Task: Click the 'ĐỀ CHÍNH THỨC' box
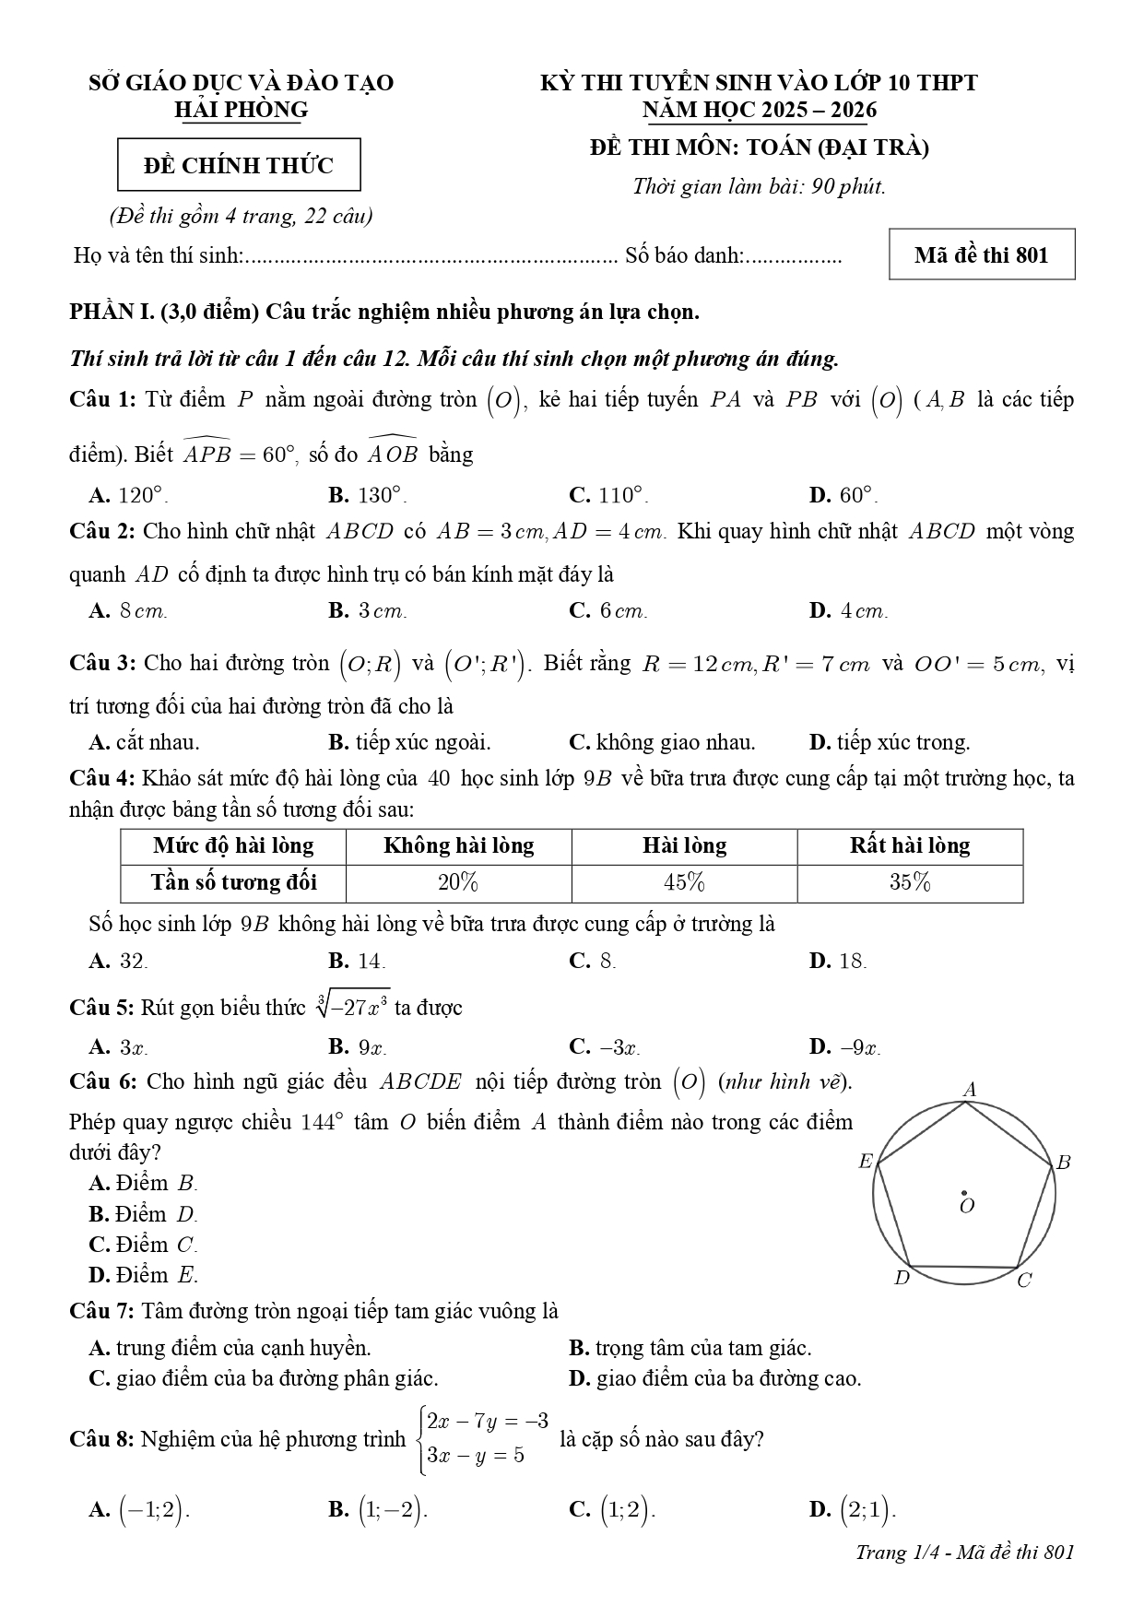pyautogui.click(x=239, y=166)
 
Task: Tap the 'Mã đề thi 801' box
pyautogui.click(x=981, y=254)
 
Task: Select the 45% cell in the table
pyautogui.click(x=684, y=882)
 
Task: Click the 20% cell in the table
pyautogui.click(x=458, y=882)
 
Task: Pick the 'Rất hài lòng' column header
pyautogui.click(x=909, y=845)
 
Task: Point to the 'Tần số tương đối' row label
pyautogui.click(x=233, y=882)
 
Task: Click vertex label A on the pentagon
pyautogui.click(x=969, y=1090)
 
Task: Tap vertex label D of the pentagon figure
pyautogui.click(x=902, y=1278)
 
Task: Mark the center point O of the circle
pyautogui.click(x=964, y=1193)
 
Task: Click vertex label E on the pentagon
pyautogui.click(x=865, y=1162)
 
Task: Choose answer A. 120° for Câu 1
pyautogui.click(x=128, y=495)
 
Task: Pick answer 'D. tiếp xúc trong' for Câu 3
pyautogui.click(x=889, y=742)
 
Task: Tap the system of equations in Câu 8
pyautogui.click(x=485, y=1438)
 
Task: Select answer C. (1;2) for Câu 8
pyautogui.click(x=613, y=1509)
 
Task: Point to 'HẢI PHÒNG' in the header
pyautogui.click(x=241, y=110)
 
